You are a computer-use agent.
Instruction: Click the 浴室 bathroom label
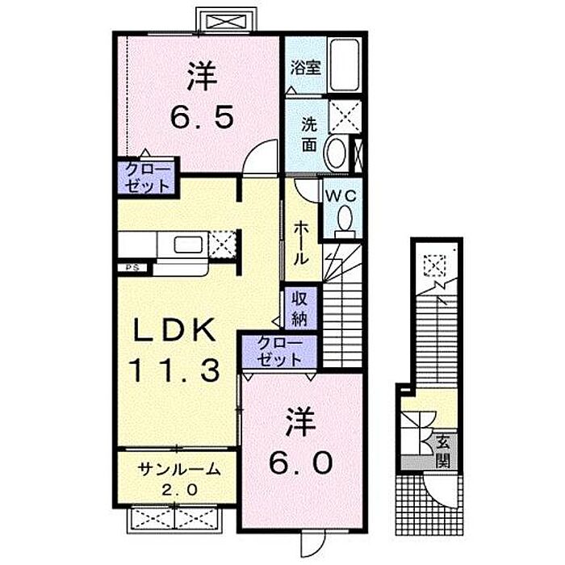306,67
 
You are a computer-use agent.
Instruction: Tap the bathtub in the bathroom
345,65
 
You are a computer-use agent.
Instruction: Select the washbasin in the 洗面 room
337,153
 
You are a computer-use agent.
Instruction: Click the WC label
341,196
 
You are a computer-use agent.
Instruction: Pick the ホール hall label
301,243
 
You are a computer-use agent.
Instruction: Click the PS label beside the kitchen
131,267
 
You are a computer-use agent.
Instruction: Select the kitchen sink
188,245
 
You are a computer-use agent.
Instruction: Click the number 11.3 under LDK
175,371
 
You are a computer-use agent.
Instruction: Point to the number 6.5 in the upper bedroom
202,116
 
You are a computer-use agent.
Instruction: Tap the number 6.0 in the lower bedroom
300,463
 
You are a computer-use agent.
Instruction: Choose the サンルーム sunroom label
179,469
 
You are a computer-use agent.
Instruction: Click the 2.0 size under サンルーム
179,490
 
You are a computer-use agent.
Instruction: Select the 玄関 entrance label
443,451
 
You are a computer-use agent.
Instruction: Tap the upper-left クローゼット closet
148,178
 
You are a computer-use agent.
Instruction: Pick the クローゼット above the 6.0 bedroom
279,351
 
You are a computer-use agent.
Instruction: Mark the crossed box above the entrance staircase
435,266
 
